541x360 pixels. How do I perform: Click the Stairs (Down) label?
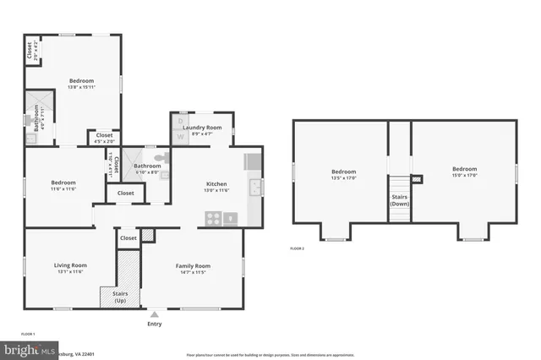pyautogui.click(x=400, y=200)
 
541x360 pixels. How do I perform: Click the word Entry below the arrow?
pyautogui.click(x=154, y=323)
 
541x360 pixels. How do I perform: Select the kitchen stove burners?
pyautogui.click(x=214, y=218)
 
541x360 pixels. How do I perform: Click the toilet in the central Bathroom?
pyautogui.click(x=167, y=157)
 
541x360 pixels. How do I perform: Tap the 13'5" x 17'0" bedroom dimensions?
pyautogui.click(x=343, y=177)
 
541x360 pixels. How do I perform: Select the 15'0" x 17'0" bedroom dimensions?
pyautogui.click(x=464, y=175)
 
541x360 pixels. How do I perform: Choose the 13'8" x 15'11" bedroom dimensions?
pyautogui.click(x=81, y=87)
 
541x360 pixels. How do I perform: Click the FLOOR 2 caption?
pyautogui.click(x=297, y=248)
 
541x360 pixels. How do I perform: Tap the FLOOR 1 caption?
pyautogui.click(x=27, y=335)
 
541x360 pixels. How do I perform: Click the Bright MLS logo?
pyautogui.click(x=18, y=349)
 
